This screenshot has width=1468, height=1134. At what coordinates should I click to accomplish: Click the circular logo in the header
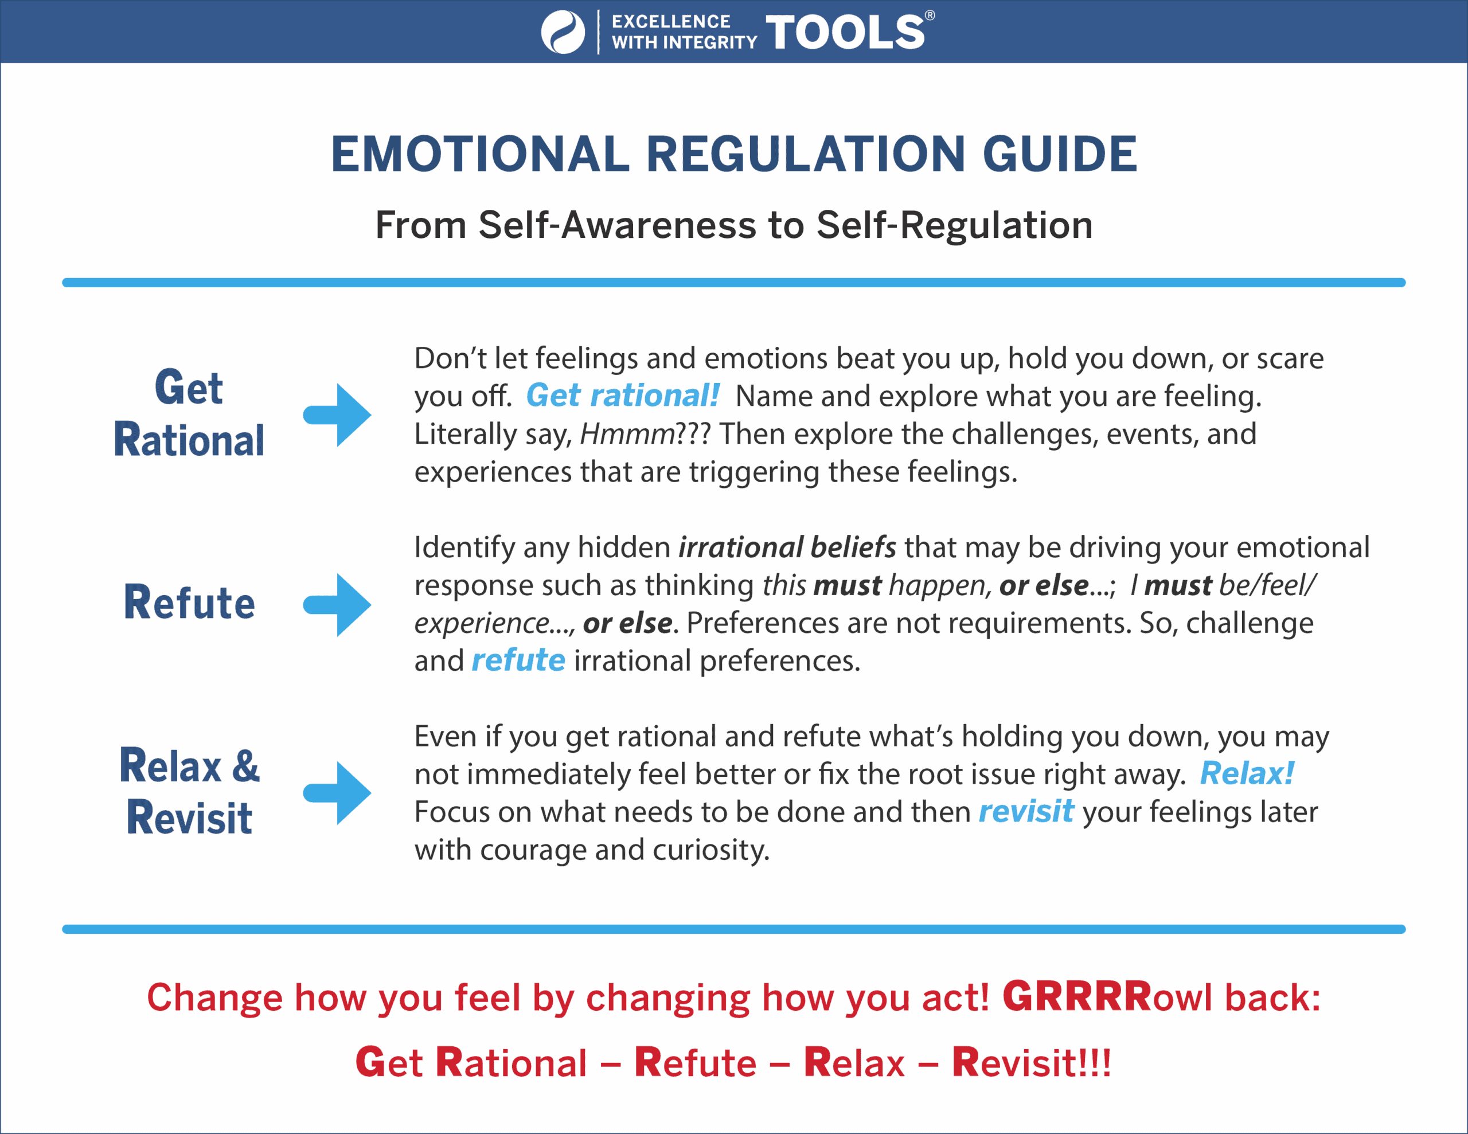coord(563,32)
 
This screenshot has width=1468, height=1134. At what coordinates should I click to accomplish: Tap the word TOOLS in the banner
coord(845,32)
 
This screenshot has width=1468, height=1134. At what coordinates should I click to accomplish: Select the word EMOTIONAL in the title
coord(480,154)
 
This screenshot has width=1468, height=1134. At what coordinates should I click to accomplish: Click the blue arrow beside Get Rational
coord(337,415)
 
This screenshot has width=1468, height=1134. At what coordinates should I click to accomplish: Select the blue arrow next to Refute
coord(337,605)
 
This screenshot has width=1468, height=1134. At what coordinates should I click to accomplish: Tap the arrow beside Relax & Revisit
coord(337,793)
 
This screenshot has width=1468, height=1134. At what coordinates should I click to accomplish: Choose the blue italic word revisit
coord(1026,811)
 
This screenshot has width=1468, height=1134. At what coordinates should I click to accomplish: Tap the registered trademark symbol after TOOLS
coord(930,15)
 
